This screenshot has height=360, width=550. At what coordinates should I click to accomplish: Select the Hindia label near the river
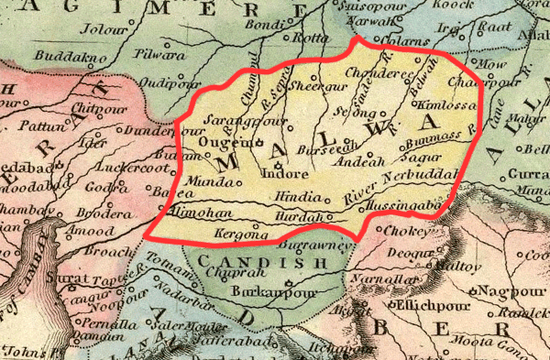click(x=291, y=198)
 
